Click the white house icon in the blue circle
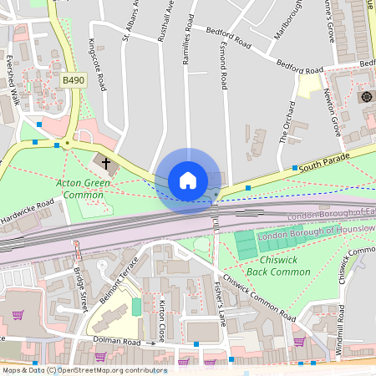pyautogui.click(x=188, y=180)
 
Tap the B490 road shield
pyautogui.click(x=74, y=79)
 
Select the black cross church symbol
pyautogui.click(x=106, y=160)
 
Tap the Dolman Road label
pyautogui.click(x=117, y=342)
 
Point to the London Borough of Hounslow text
pyautogui.click(x=309, y=233)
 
